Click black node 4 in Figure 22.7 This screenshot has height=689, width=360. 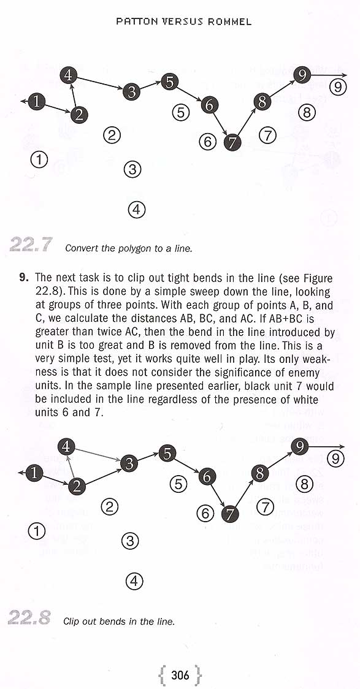point(68,75)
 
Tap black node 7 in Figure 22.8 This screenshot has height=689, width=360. point(229,513)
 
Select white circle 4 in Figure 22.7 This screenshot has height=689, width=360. point(136,209)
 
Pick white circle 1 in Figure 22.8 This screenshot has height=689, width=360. point(36,531)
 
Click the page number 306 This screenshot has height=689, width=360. point(180,674)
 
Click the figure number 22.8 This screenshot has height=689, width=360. point(29,617)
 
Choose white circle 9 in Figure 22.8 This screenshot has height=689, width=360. point(336,459)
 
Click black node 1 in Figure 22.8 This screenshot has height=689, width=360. point(33,473)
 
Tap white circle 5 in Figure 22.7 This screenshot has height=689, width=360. point(180,113)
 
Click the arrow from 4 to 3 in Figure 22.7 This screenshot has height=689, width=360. point(99,83)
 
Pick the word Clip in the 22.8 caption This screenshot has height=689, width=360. point(71,622)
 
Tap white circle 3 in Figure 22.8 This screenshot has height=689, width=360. point(129,541)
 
